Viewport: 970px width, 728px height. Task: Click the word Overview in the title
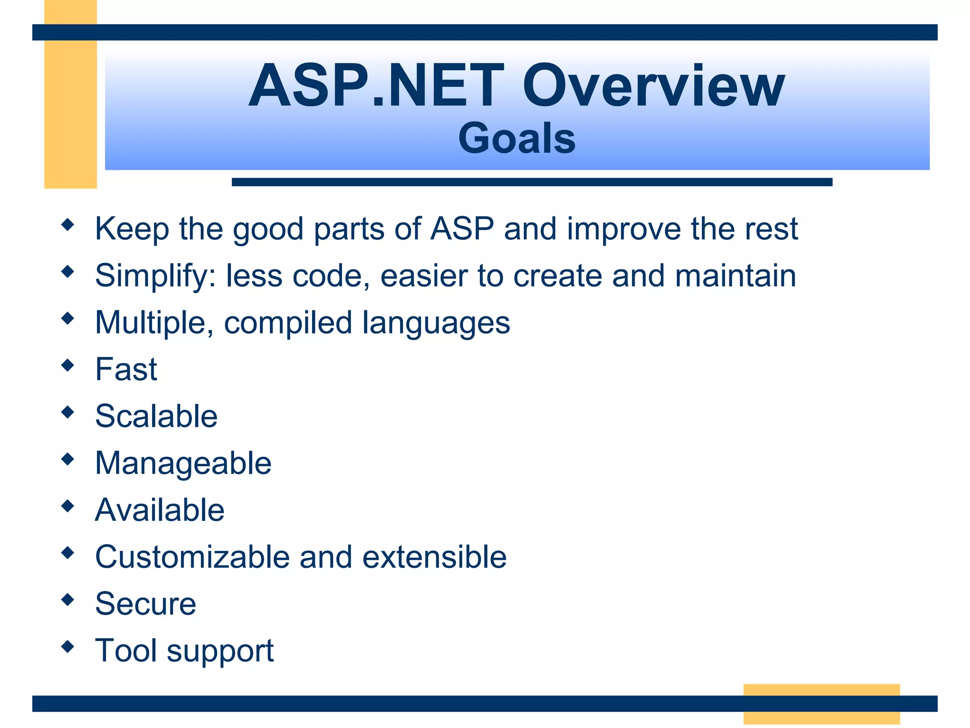(654, 86)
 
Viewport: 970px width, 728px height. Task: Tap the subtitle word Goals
(517, 138)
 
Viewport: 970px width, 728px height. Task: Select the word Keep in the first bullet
(132, 229)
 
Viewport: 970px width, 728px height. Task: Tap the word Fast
(126, 369)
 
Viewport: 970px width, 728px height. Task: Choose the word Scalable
(156, 416)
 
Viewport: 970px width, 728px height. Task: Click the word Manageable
(183, 464)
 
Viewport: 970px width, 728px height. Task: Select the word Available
(160, 510)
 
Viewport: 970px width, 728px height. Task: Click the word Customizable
(192, 556)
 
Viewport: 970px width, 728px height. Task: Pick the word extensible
(434, 556)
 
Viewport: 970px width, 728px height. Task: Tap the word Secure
(145, 604)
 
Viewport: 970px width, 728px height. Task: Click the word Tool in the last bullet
(126, 650)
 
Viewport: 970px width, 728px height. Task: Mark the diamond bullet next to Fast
(68, 365)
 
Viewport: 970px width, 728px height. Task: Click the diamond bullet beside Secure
(68, 600)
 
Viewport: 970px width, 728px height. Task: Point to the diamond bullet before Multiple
(68, 318)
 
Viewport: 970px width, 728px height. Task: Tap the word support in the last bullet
(220, 651)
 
